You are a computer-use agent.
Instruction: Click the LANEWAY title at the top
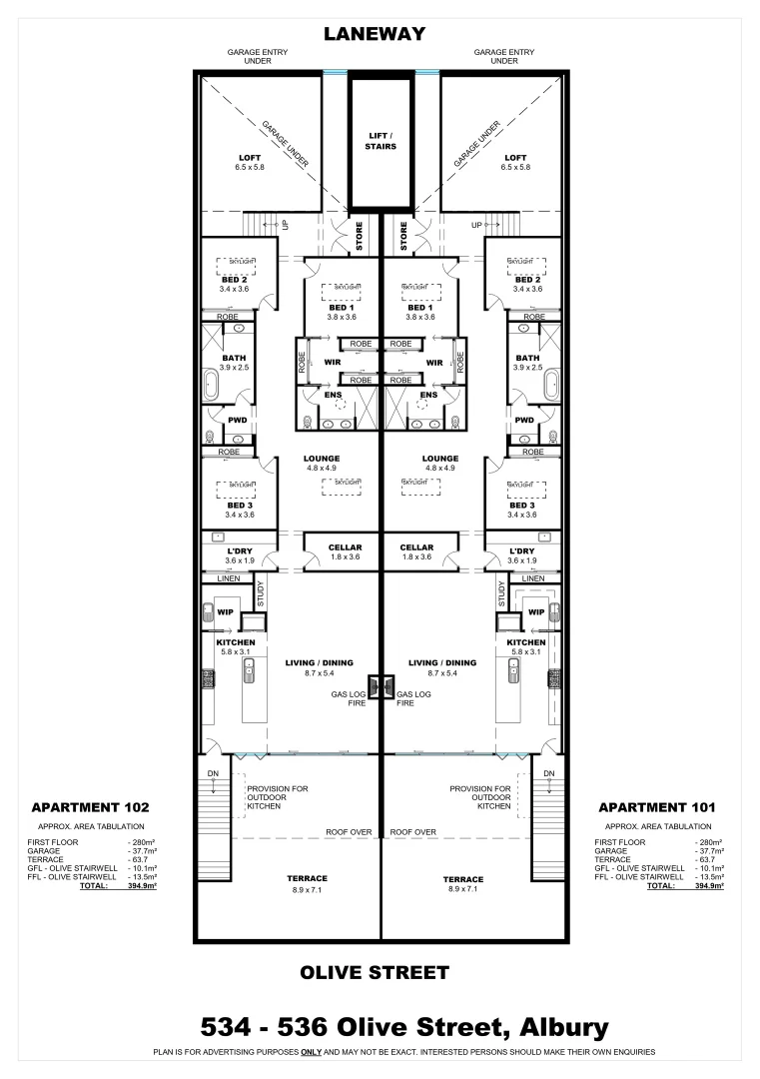[x=375, y=34]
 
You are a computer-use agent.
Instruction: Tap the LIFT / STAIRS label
[x=380, y=140]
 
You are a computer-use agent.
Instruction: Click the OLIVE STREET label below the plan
[x=375, y=972]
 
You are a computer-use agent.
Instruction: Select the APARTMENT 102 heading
[x=90, y=806]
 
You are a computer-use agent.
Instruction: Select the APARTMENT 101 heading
[x=656, y=806]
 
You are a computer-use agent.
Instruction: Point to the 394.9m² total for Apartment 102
[x=141, y=885]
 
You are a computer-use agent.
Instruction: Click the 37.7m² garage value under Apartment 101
[x=708, y=851]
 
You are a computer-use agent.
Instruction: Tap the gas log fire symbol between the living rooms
[x=380, y=685]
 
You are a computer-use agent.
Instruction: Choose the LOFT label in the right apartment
[x=515, y=158]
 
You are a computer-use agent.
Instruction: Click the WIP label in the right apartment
[x=535, y=612]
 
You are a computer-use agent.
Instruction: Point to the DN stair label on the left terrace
[x=213, y=773]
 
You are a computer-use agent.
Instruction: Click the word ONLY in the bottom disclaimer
[x=310, y=1052]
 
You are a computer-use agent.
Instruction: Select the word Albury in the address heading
[x=552, y=1026]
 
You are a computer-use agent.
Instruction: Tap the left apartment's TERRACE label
[x=310, y=879]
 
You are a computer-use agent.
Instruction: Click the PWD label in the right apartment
[x=524, y=420]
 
